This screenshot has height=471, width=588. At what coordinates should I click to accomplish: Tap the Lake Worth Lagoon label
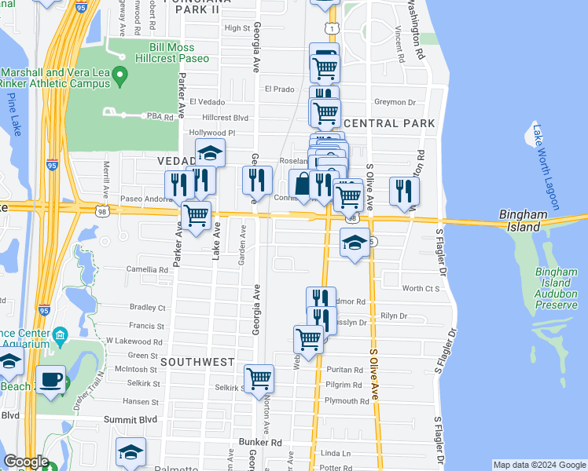click(546, 167)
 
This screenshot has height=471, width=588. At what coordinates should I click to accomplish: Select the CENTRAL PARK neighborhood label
click(389, 124)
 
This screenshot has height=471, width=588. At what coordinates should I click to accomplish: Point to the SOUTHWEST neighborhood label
click(197, 362)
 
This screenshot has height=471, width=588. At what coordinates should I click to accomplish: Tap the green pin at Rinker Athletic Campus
click(120, 76)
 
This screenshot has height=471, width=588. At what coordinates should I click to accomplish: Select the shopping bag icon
click(303, 184)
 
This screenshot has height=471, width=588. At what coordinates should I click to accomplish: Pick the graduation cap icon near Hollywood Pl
click(210, 152)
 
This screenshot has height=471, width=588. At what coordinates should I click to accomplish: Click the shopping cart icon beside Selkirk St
click(259, 379)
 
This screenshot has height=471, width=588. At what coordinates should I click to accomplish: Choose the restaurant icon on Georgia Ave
click(257, 181)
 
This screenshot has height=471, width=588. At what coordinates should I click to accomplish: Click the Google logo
click(25, 462)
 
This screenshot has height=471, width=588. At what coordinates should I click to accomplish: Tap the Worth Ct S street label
click(421, 289)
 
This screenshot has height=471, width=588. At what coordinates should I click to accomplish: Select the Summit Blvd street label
click(131, 421)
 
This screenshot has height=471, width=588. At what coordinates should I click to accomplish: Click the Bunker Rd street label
click(260, 443)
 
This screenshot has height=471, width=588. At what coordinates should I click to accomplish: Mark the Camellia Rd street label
click(147, 269)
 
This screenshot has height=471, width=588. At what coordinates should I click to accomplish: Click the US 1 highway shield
click(334, 29)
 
